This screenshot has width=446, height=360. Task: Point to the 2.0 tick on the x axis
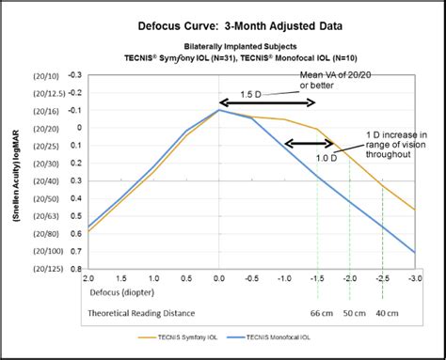tap(88, 278)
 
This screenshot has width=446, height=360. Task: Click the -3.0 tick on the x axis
tap(415, 278)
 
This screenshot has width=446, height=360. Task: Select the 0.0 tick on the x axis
tap(218, 278)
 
